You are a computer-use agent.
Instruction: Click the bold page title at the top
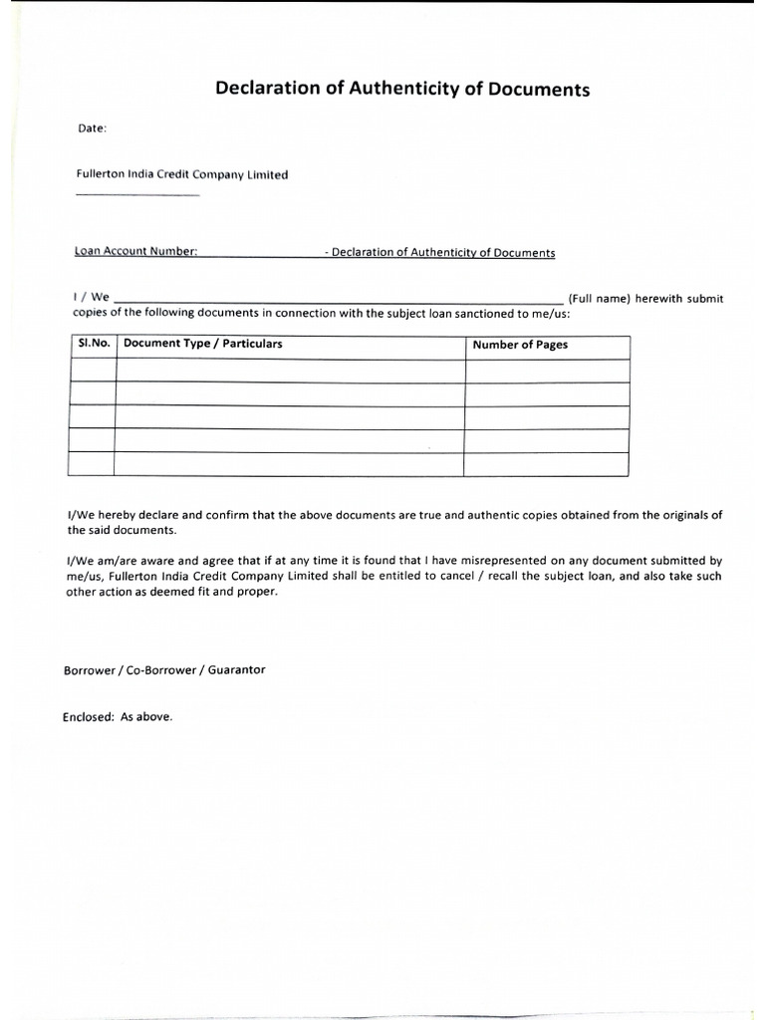tap(402, 90)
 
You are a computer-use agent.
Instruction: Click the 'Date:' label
tap(92, 128)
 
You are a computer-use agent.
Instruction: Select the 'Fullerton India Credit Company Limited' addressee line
tap(182, 174)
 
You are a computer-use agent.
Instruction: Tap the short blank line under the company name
tap(137, 194)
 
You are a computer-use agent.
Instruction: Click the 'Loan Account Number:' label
tap(136, 252)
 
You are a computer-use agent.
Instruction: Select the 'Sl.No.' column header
tap(93, 344)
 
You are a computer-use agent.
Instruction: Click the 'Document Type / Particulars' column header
tap(202, 344)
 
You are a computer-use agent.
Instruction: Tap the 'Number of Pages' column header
tap(519, 345)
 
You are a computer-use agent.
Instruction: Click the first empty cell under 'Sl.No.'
tap(93, 371)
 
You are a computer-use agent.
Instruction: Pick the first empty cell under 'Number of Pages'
tap(547, 371)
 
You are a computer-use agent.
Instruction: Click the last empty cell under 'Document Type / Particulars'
tap(289, 464)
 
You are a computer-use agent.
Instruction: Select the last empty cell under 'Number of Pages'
tap(546, 464)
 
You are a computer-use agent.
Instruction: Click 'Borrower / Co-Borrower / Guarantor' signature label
tap(164, 670)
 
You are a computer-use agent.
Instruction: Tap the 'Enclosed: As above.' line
tap(118, 716)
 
